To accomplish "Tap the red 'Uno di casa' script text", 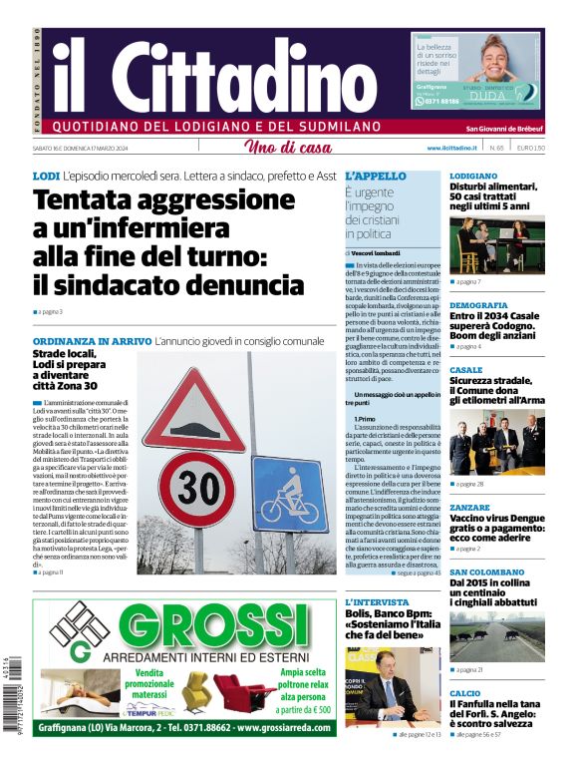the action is [288, 149].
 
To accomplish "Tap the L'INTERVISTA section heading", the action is [376, 602].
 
